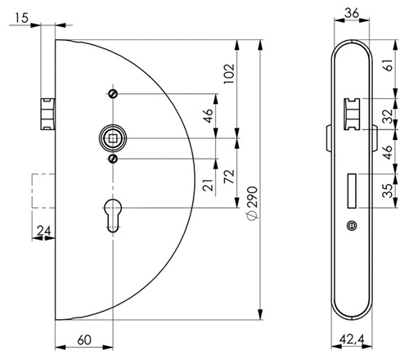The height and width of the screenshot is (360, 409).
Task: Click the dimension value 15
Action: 21,18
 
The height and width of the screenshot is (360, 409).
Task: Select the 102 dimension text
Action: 229,74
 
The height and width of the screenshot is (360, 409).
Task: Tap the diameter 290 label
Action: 252,203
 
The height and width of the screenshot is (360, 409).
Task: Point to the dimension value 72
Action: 229,177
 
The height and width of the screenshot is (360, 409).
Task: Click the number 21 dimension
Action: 208,185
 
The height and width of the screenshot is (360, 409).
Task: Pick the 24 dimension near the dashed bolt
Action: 44,231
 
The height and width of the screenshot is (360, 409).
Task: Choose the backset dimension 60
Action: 84,340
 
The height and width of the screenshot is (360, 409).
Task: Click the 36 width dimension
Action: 352,13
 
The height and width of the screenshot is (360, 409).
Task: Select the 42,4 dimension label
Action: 352,340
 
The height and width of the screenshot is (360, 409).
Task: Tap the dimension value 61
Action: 389,65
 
